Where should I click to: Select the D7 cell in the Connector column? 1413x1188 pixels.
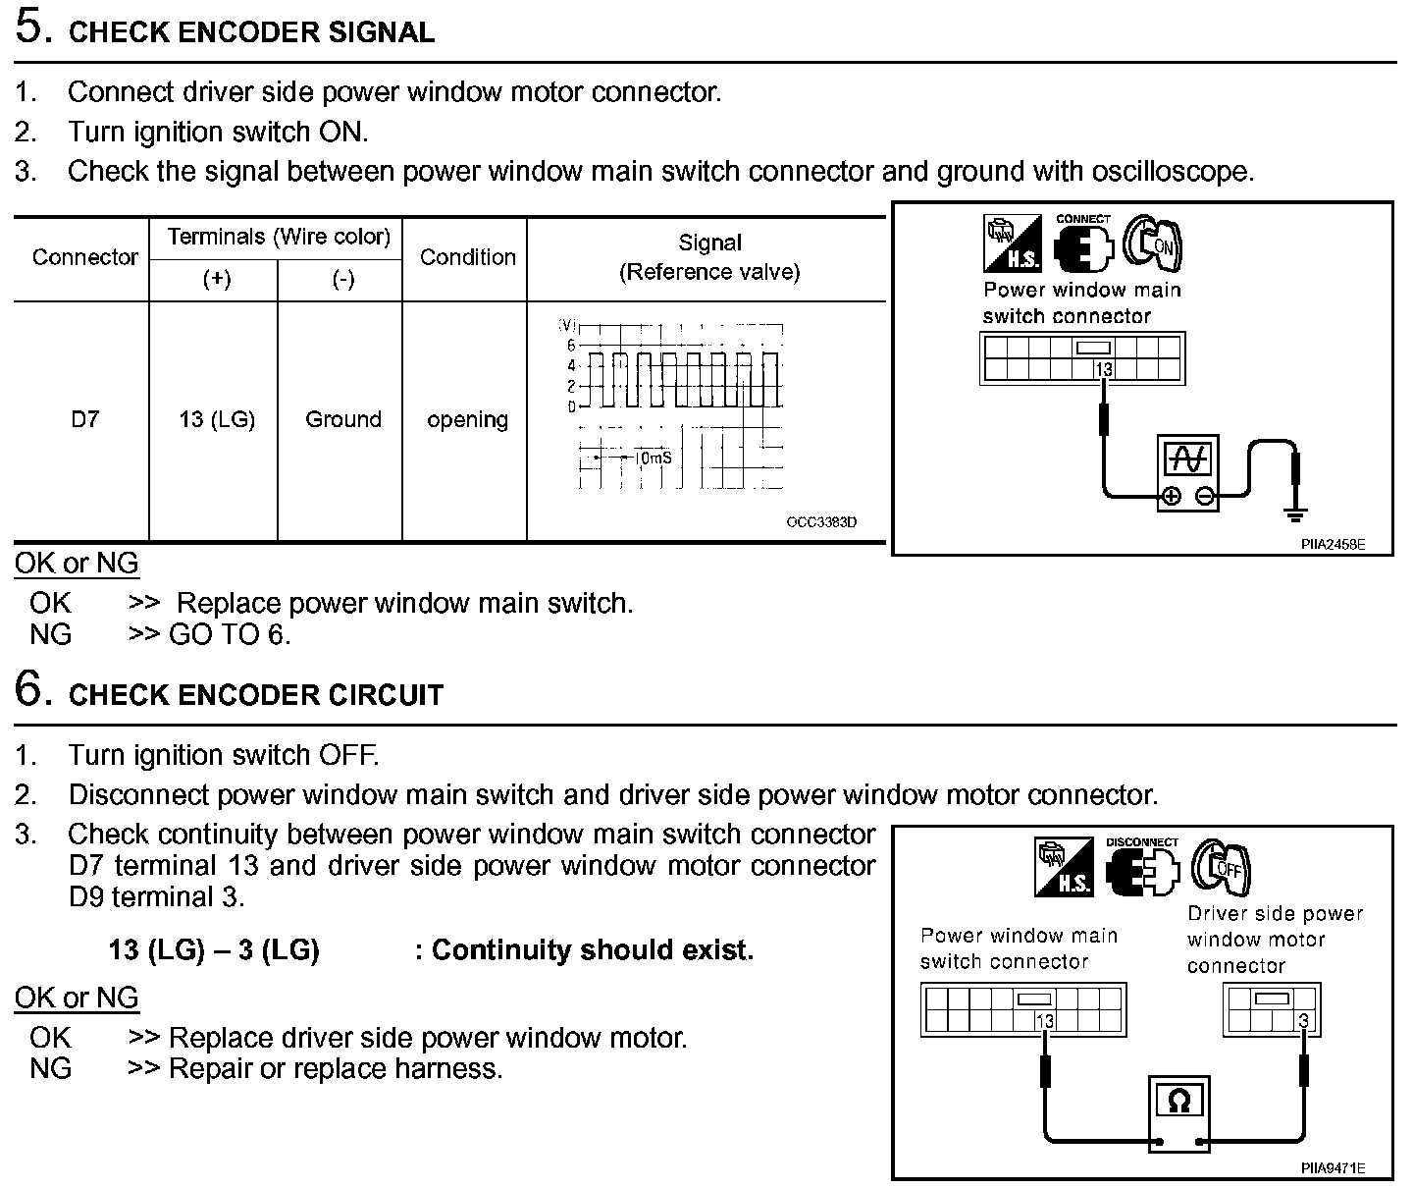[x=84, y=419]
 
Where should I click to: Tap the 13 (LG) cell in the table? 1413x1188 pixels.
[x=216, y=419]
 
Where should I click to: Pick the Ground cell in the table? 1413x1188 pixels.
[x=342, y=419]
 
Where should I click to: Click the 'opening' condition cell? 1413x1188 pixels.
[x=467, y=419]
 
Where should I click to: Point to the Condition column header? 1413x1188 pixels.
[x=467, y=257]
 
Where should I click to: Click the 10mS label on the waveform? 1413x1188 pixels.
[x=653, y=459]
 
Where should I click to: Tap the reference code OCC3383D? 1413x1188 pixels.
[x=821, y=522]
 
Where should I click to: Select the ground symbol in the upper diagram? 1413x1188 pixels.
[x=1295, y=513]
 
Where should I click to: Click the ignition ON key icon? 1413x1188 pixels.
[x=1153, y=243]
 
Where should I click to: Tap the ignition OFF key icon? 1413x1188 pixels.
[x=1221, y=867]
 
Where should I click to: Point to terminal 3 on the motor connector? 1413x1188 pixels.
[x=1303, y=1021]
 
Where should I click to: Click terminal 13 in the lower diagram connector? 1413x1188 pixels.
[x=1045, y=1021]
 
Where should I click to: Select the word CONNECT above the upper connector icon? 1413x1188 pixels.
[x=1083, y=219]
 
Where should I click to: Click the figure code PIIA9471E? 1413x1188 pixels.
[x=1333, y=1168]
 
